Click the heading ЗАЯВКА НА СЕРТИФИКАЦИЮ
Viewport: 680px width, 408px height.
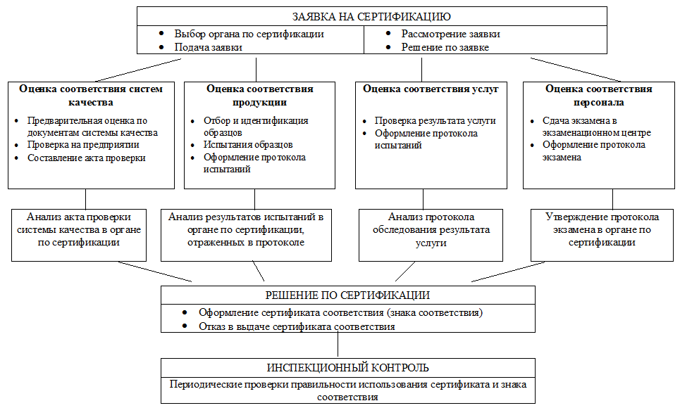pyautogui.click(x=371, y=16)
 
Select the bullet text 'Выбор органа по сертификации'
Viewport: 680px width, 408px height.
pyautogui.click(x=249, y=34)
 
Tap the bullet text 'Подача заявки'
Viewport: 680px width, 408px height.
pyautogui.click(x=209, y=47)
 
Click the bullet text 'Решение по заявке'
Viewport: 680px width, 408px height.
pyautogui.click(x=445, y=47)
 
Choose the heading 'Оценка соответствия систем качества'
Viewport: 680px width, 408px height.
pyautogui.click(x=91, y=95)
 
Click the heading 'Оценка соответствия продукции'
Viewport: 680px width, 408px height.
pyautogui.click(x=260, y=95)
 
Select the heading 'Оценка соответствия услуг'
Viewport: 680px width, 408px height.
pyautogui.click(x=431, y=89)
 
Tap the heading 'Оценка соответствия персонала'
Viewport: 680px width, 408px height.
pyautogui.click(x=598, y=95)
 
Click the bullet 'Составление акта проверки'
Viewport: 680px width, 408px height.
pyautogui.click(x=86, y=158)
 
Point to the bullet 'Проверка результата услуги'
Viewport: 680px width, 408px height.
pyautogui.click(x=435, y=120)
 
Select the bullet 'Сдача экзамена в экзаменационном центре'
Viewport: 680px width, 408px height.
pyautogui.click(x=596, y=127)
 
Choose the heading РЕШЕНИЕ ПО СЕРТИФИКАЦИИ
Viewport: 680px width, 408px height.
pyautogui.click(x=348, y=295)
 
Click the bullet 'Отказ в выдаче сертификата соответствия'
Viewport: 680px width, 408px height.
pyautogui.click(x=296, y=326)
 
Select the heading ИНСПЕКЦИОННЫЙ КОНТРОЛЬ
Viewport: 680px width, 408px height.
pyautogui.click(x=348, y=368)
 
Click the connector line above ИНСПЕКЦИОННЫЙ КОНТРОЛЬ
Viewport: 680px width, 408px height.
pyautogui.click(x=339, y=345)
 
